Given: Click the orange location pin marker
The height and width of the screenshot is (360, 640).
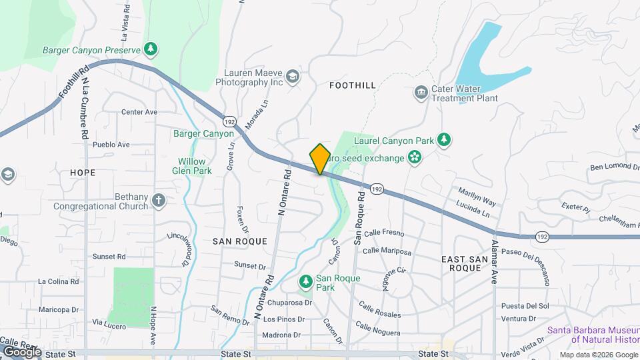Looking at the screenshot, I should point(320,159).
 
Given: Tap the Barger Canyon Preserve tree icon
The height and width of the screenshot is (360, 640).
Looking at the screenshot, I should point(152,49).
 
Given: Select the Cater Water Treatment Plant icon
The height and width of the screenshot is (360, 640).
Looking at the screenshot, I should point(421,92).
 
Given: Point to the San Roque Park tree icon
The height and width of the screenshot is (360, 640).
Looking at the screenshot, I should point(306,282).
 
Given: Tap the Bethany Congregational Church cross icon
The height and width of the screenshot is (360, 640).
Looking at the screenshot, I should point(159,199).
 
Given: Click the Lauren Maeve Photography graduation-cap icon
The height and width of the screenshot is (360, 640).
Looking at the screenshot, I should point(292,77).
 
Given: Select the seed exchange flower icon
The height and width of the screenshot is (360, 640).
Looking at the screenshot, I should point(415,158).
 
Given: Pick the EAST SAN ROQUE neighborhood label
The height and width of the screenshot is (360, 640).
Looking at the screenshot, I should point(470,262).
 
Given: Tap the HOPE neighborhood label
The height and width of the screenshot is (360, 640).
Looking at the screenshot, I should point(82,172).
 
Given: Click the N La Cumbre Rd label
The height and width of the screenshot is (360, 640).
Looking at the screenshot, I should point(86,106).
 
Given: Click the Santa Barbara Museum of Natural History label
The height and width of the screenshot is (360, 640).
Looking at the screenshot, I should point(593,335).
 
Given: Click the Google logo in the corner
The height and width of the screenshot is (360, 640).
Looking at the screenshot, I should point(22,351).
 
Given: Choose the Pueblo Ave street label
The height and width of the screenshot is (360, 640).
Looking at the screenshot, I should point(111,144).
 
